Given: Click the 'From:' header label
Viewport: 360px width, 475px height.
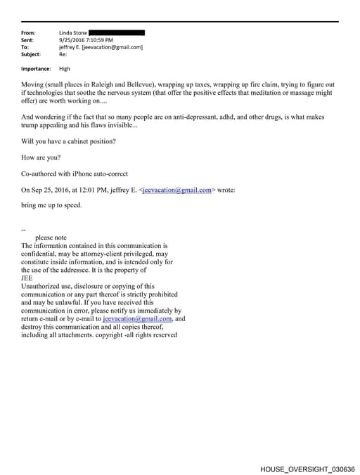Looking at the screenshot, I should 29,33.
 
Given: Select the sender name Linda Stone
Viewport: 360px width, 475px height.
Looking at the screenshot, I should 74,33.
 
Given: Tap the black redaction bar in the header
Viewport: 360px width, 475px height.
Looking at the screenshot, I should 117,33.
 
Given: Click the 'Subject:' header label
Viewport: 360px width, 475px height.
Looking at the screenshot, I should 31,54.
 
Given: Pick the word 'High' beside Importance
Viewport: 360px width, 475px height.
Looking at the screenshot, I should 65,69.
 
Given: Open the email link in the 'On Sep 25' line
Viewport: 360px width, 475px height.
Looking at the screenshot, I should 176,190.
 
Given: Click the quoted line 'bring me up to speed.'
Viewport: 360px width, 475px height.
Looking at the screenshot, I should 51,205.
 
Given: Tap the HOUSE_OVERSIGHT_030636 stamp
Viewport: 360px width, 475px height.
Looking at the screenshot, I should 307,469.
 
